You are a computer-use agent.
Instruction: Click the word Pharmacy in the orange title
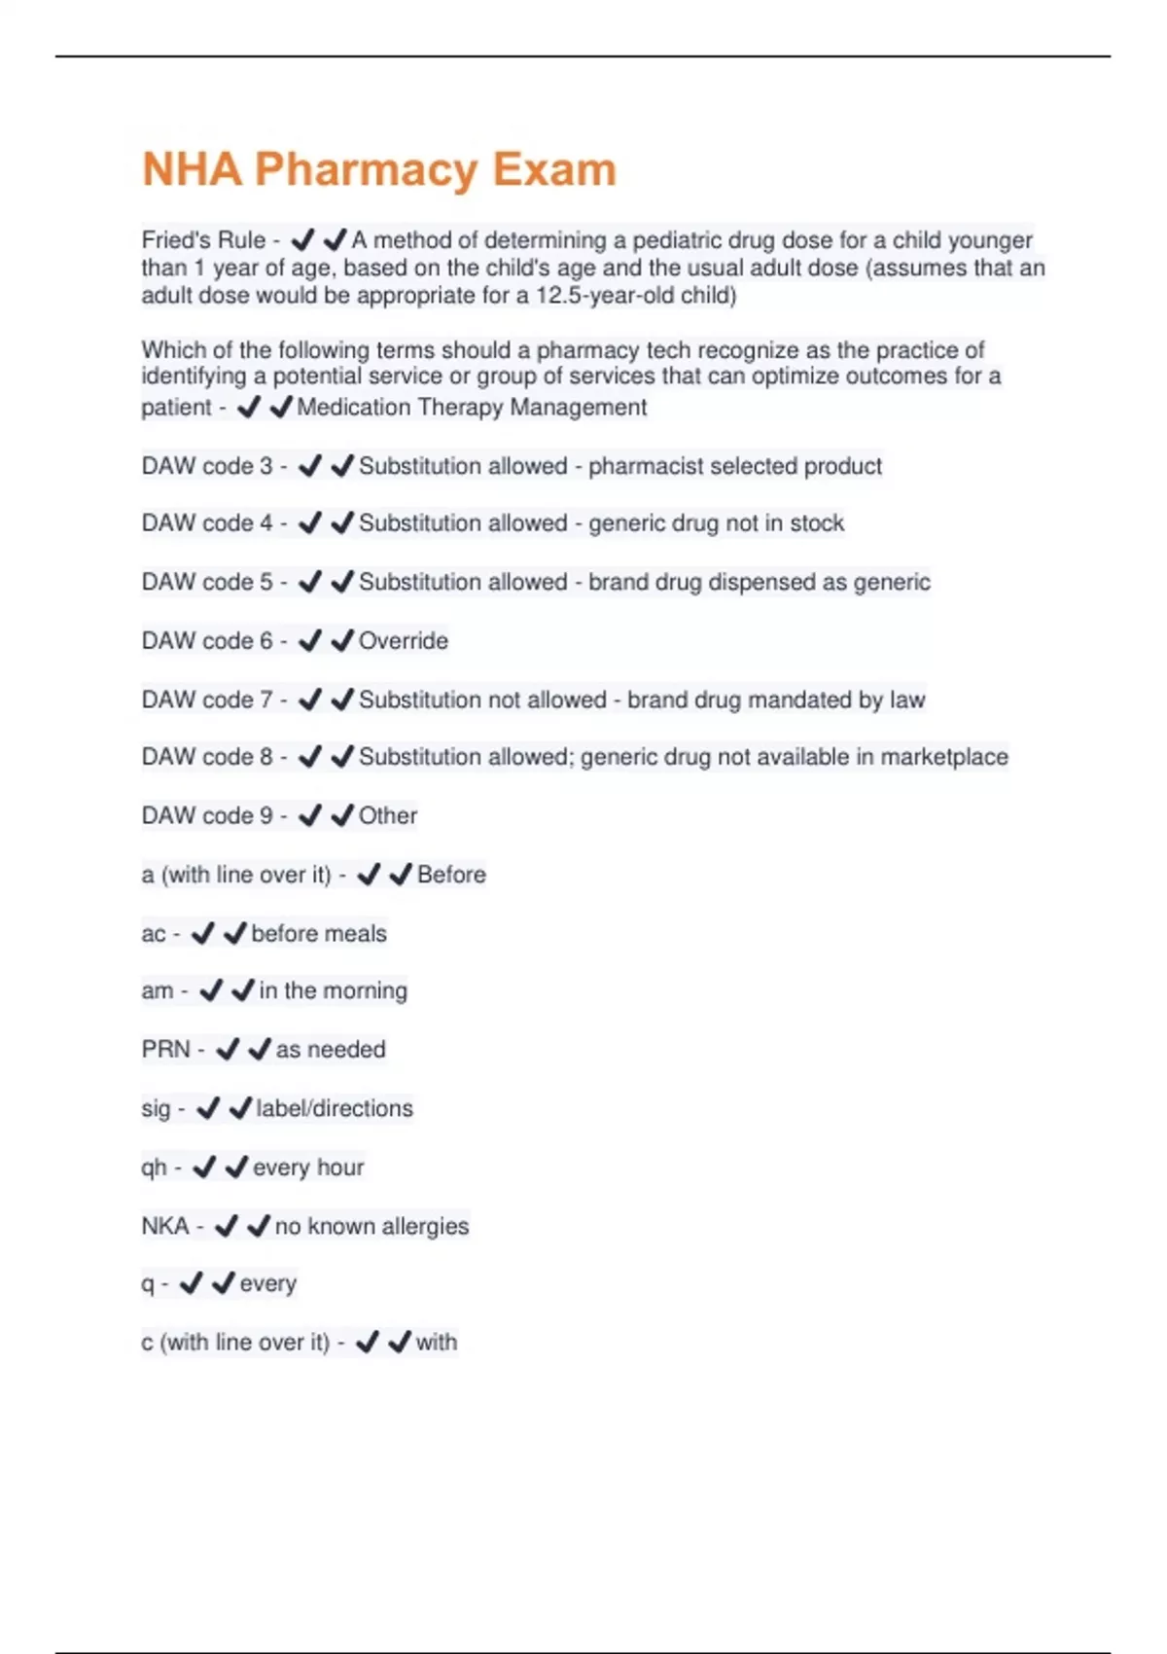click(x=367, y=170)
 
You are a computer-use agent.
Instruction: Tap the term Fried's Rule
click(x=203, y=240)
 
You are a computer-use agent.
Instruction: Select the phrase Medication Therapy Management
click(x=472, y=408)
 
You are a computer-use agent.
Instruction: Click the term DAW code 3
click(x=207, y=466)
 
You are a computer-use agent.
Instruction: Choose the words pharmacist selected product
click(x=735, y=466)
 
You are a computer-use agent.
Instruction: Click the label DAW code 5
click(x=207, y=583)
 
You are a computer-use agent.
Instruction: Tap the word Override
click(x=404, y=641)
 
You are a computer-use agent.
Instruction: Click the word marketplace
click(x=944, y=757)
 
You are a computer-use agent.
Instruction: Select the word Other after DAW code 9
click(x=388, y=816)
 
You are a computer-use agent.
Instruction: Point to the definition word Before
click(x=451, y=875)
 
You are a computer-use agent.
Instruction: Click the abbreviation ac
click(x=153, y=934)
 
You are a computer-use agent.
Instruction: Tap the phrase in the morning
click(x=333, y=991)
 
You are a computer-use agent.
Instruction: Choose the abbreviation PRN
click(x=165, y=1050)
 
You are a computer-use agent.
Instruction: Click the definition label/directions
click(x=335, y=1108)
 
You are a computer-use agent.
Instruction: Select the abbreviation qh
click(x=154, y=1168)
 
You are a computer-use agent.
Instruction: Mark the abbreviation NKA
click(x=165, y=1226)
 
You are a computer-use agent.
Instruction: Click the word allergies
click(x=426, y=1226)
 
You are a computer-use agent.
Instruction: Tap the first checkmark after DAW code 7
click(x=309, y=700)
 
